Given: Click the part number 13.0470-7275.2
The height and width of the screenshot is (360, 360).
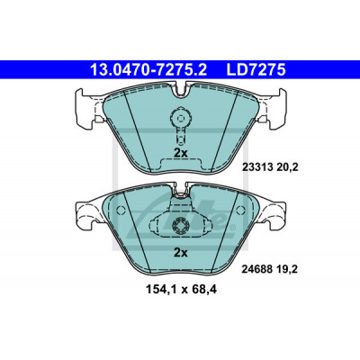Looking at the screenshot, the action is click(x=148, y=70).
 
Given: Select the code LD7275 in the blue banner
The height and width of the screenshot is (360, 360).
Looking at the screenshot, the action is click(x=256, y=70).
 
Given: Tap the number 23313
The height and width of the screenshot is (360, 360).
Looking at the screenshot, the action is click(x=257, y=167).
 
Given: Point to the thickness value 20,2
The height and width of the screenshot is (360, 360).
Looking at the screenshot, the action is click(x=287, y=167).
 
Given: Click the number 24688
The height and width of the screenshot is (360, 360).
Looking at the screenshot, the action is click(x=257, y=270).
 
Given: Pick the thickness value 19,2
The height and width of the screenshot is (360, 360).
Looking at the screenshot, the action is click(x=287, y=270).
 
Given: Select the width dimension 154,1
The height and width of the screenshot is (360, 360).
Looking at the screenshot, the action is click(x=162, y=290).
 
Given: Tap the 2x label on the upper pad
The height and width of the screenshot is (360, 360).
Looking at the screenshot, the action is click(x=181, y=153).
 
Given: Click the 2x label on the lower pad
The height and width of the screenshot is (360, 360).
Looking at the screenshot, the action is click(x=181, y=253).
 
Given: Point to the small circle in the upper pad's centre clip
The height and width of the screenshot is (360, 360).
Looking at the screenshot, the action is click(x=180, y=118).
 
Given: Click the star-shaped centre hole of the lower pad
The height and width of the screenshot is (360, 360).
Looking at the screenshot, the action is click(x=180, y=225).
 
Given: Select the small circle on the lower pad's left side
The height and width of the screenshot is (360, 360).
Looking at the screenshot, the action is click(x=121, y=210).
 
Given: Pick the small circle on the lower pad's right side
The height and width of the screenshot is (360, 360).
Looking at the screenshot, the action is click(x=240, y=210).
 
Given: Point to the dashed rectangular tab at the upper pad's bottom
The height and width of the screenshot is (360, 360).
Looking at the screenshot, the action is click(x=181, y=164).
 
